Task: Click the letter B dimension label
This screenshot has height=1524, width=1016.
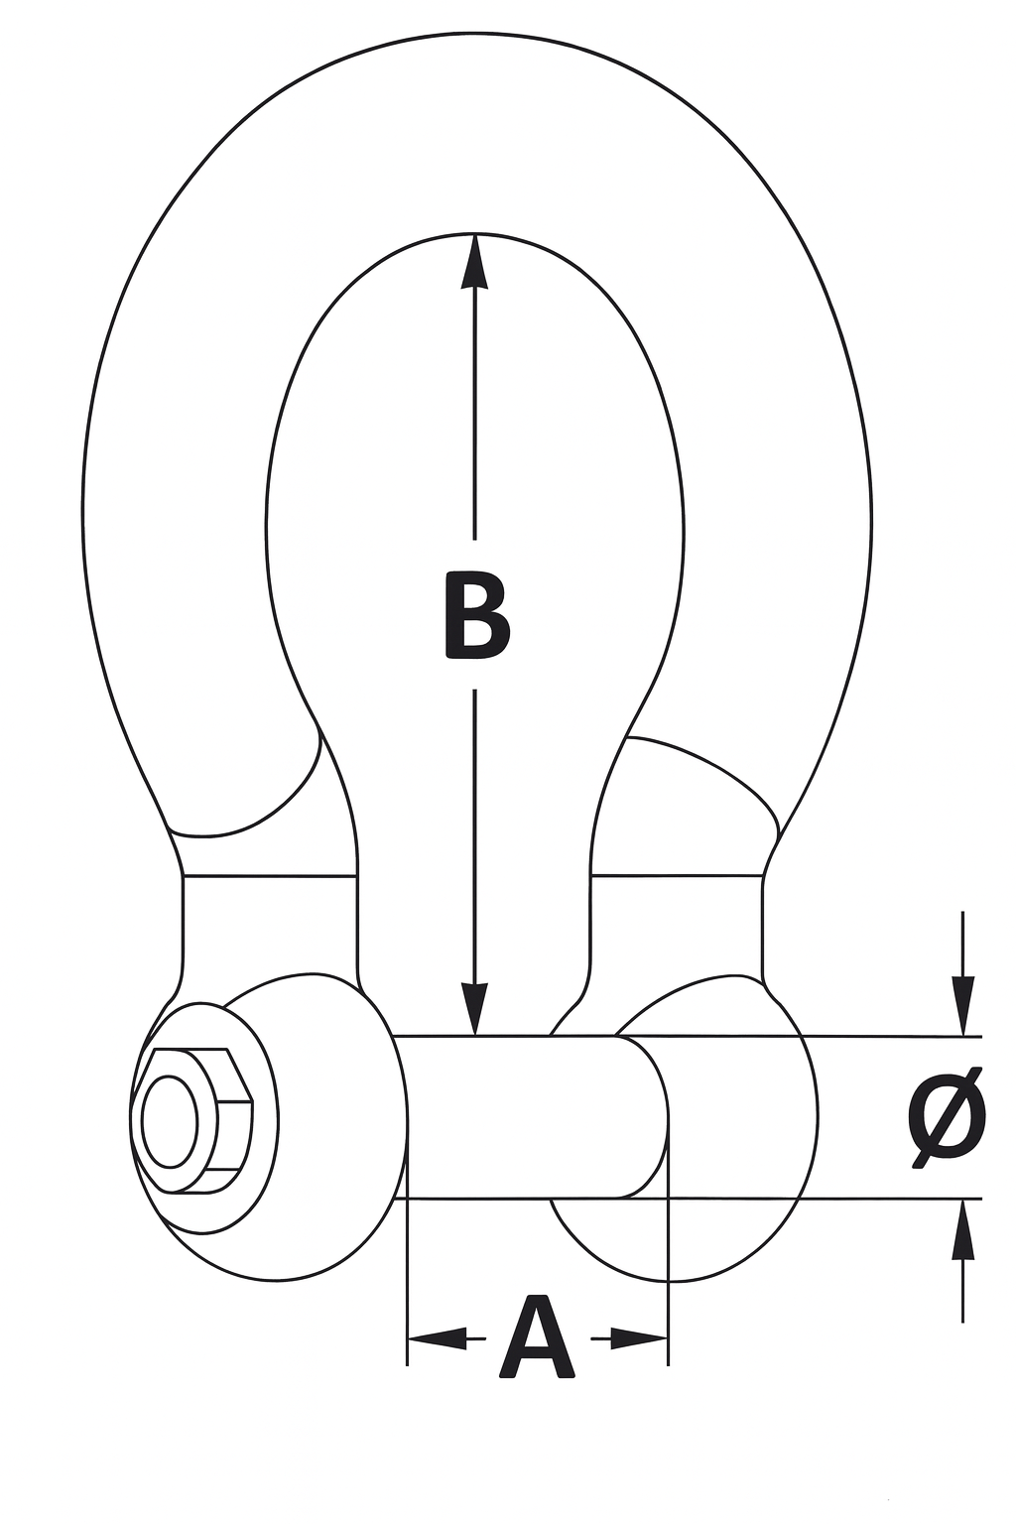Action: [x=476, y=615]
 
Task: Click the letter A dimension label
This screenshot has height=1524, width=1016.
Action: [x=537, y=1338]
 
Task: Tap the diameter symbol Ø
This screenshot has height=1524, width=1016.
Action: [x=947, y=1117]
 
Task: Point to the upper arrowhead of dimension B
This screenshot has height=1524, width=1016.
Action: [x=475, y=261]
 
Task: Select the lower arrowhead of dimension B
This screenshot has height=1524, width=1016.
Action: [x=475, y=1010]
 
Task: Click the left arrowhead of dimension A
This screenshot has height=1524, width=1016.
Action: [x=437, y=1338]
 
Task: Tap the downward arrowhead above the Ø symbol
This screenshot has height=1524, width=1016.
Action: [x=962, y=1005]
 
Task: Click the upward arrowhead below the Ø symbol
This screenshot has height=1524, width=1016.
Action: [x=962, y=1230]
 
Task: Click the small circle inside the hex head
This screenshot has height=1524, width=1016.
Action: [x=169, y=1119]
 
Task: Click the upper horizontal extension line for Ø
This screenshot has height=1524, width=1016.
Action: [x=893, y=1037]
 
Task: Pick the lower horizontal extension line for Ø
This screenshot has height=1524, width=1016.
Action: [x=893, y=1199]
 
